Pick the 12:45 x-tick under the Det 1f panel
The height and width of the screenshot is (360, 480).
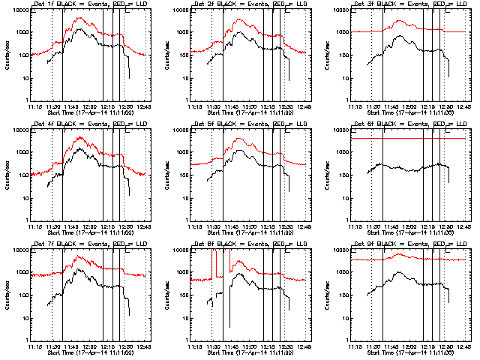click(145, 106)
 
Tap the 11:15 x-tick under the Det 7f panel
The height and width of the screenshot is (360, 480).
click(33, 346)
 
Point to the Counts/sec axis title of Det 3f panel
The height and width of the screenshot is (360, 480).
click(326, 55)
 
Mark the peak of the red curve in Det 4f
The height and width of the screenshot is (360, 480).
click(78, 137)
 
